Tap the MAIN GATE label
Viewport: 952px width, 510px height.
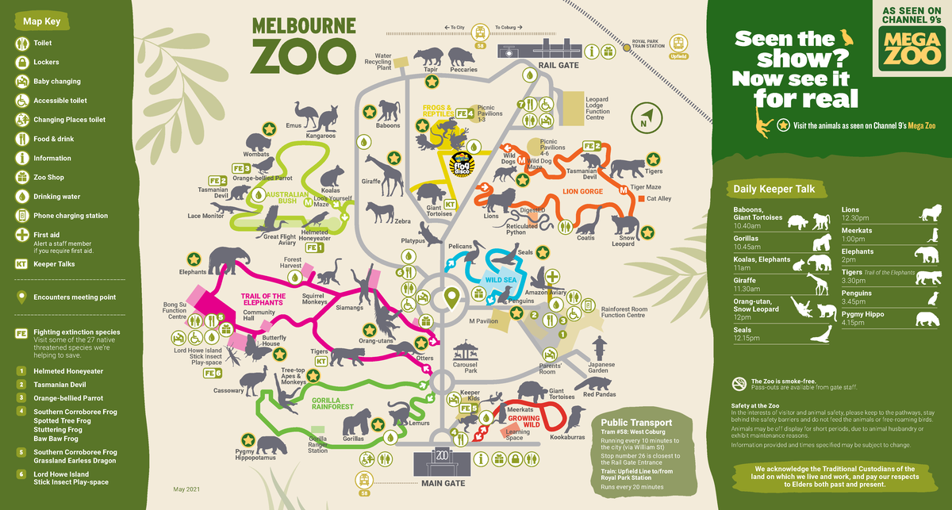[x=442, y=481]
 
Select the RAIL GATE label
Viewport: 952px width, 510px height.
[x=555, y=65]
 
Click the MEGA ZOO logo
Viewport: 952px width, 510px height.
[x=910, y=48]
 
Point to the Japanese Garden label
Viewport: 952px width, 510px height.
[x=601, y=367]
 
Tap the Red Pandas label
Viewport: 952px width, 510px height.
[x=600, y=394]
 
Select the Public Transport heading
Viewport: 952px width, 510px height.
[x=636, y=423]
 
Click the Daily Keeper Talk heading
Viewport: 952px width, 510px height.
[x=773, y=189]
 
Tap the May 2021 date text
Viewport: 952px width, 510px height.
[x=185, y=489]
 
